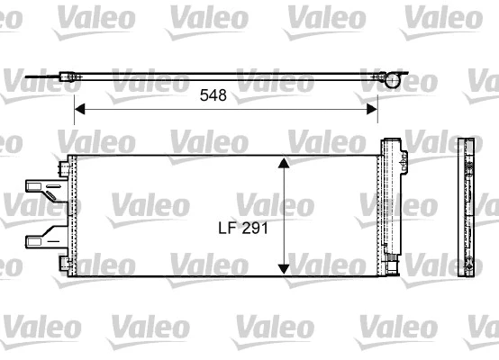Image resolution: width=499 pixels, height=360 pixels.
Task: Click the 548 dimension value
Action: click(x=212, y=94)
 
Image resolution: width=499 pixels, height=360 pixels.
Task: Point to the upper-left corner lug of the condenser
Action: click(x=64, y=168)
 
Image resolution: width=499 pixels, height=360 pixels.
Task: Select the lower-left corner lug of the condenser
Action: click(x=64, y=263)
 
